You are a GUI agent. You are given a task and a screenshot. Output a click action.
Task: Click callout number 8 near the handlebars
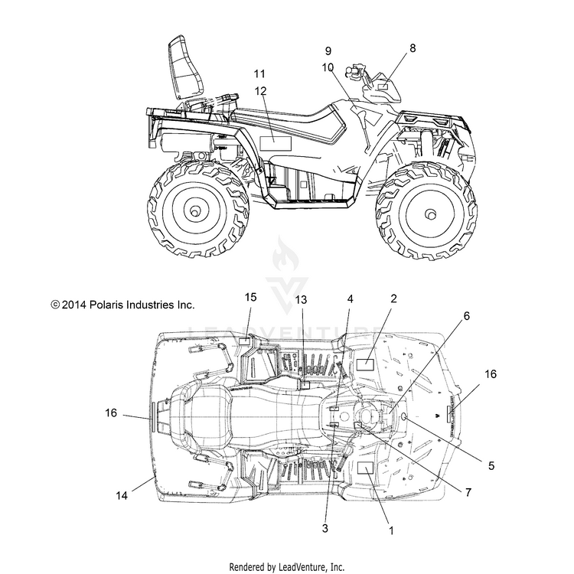[413, 48]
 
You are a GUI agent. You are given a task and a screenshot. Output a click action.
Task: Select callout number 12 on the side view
[261, 91]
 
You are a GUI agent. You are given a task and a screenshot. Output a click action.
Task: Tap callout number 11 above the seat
[259, 73]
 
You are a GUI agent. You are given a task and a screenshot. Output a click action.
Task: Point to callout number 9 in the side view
[328, 51]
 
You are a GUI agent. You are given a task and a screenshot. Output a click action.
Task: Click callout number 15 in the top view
[251, 297]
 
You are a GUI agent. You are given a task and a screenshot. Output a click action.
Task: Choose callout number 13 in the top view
[301, 300]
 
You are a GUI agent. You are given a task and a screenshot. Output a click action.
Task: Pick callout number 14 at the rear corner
[122, 495]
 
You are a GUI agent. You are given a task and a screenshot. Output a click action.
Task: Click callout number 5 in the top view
[491, 465]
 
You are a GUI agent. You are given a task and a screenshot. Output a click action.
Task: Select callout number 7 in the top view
[468, 492]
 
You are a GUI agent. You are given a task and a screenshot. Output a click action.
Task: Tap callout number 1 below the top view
[391, 530]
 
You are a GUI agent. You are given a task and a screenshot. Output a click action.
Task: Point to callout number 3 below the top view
[325, 528]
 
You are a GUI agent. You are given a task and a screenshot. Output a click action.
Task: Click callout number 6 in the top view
[466, 315]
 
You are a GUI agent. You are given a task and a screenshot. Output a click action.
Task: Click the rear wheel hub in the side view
[194, 211]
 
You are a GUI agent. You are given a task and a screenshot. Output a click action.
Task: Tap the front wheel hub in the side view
[431, 214]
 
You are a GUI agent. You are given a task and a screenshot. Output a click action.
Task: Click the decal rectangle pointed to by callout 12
[276, 144]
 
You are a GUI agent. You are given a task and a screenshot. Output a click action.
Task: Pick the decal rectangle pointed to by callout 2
[365, 365]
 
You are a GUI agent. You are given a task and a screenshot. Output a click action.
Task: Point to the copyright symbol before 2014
[55, 305]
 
